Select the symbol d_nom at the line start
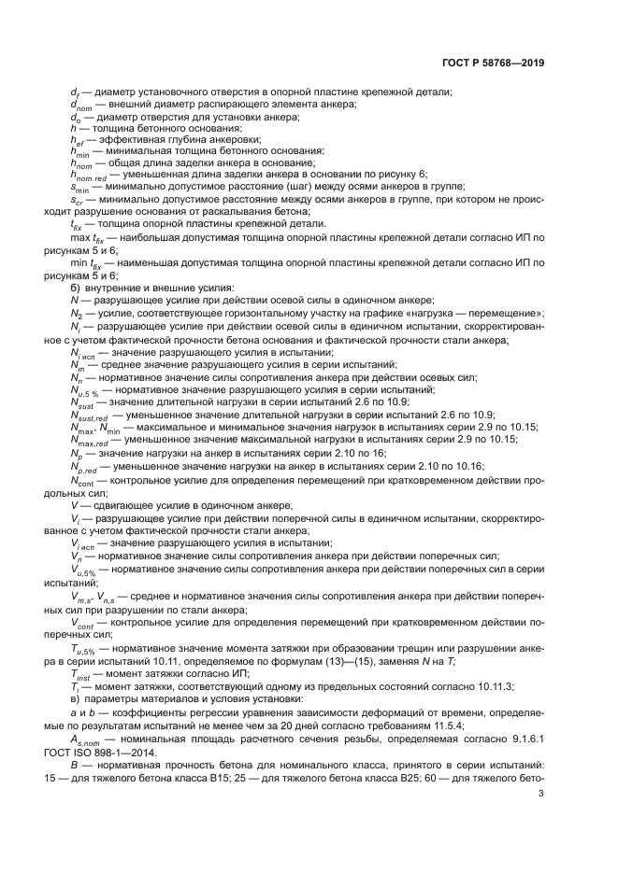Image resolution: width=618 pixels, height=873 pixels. click(x=82, y=106)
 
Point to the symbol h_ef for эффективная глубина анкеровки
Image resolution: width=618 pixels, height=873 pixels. click(x=78, y=139)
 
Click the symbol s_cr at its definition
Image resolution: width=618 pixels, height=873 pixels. click(x=78, y=200)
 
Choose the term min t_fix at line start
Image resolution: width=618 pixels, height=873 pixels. click(x=85, y=264)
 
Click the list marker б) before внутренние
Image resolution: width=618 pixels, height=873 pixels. click(x=76, y=289)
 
